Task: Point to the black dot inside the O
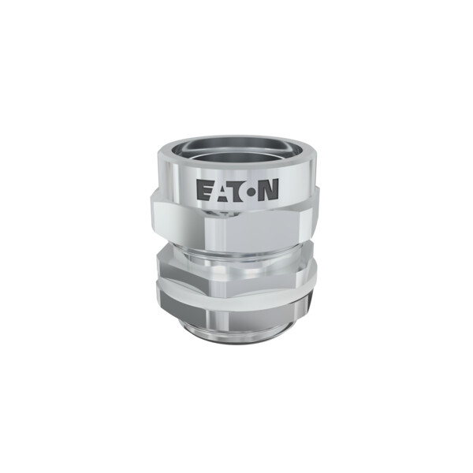(x=251, y=192)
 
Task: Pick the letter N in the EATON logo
(x=269, y=190)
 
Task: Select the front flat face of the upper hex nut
(x=253, y=233)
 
